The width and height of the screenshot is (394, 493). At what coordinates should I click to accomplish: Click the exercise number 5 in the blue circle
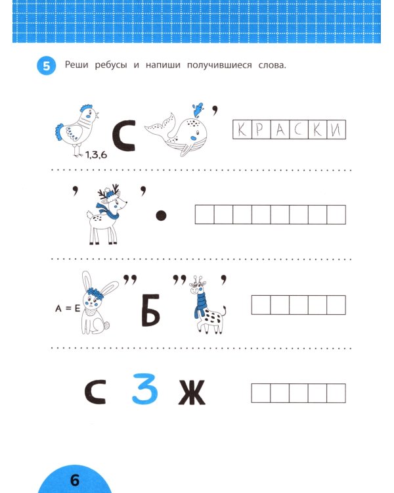coord(46,67)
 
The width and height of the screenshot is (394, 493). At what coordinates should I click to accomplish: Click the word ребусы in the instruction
coord(110,65)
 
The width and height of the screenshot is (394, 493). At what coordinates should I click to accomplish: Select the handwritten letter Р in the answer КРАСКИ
coord(261,131)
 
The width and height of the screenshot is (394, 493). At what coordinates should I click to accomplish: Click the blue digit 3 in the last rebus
coord(145,388)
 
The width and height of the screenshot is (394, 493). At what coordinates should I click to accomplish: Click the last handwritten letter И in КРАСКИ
coord(336,131)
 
